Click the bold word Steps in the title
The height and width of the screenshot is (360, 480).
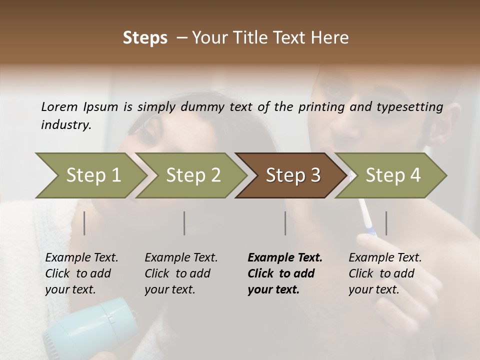(x=145, y=38)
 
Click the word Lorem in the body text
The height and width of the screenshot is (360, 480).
(x=59, y=107)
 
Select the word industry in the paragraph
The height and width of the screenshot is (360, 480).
(x=66, y=125)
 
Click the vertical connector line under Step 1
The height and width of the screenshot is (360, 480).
(x=84, y=223)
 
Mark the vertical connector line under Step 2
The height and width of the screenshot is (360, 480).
(x=184, y=223)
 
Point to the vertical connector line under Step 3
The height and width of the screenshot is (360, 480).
(x=285, y=223)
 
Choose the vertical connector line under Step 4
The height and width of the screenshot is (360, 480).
(x=386, y=223)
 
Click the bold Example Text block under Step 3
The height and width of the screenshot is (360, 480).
(x=284, y=273)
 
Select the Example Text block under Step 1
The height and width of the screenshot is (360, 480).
(x=81, y=273)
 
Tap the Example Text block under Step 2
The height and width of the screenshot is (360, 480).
(x=181, y=273)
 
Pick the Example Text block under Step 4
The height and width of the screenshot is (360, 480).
(x=385, y=273)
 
